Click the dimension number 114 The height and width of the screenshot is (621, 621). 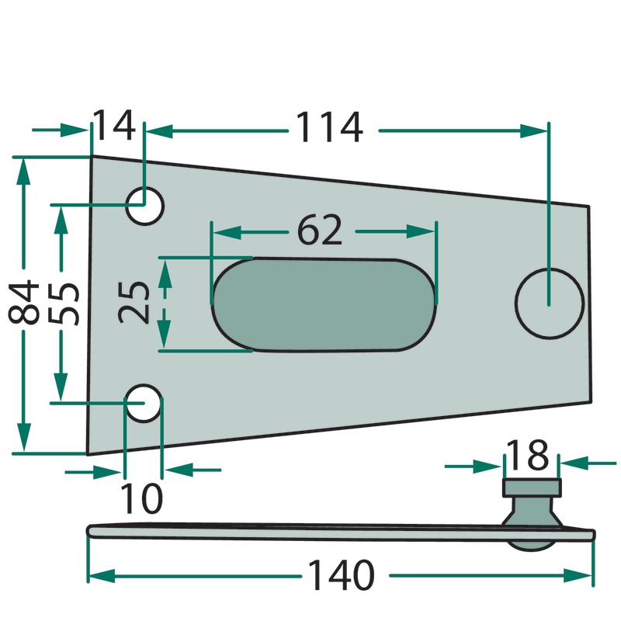[329, 127]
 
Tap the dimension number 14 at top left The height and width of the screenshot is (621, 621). [114, 126]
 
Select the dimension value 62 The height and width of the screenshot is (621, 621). [319, 231]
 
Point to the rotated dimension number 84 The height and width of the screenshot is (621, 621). [24, 303]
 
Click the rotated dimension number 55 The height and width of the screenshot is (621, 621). [64, 304]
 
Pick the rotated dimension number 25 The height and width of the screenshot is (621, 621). [134, 303]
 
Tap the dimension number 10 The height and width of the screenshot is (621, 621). [141, 498]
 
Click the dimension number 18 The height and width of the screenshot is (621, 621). [528, 455]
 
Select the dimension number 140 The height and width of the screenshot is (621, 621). [341, 575]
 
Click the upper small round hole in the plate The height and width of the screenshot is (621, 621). [144, 206]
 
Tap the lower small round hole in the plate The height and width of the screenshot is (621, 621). [144, 403]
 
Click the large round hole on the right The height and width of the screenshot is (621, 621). [550, 304]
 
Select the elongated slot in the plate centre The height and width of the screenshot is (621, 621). [323, 304]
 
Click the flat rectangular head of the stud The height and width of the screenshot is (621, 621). [532, 487]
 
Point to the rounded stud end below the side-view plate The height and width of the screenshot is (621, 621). [532, 546]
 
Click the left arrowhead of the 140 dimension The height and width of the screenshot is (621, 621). [102, 576]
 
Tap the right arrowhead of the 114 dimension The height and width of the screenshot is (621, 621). [534, 130]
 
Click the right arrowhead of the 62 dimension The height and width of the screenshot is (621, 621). [421, 231]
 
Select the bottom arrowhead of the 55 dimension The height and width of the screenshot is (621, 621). [61, 387]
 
